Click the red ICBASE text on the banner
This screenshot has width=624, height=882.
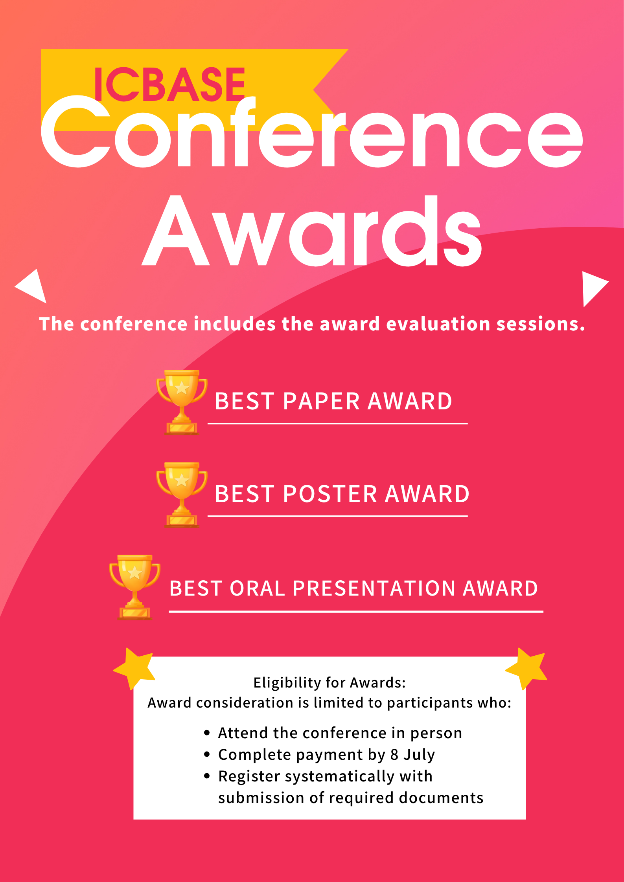pos(169,84)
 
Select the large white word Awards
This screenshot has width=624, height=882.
pos(312,231)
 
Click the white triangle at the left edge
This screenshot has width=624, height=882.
pos(31,286)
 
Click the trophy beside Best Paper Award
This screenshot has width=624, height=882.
pos(182,402)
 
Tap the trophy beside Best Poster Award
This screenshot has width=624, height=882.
pos(182,495)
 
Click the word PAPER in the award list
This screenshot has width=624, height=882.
pos(321,402)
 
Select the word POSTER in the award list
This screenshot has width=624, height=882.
pos(330,494)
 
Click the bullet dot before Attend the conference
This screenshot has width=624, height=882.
pos(207,733)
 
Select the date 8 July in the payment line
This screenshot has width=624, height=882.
pos(412,755)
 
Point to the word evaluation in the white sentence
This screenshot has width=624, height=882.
pos(438,324)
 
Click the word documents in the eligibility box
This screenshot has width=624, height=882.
pos(441,798)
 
